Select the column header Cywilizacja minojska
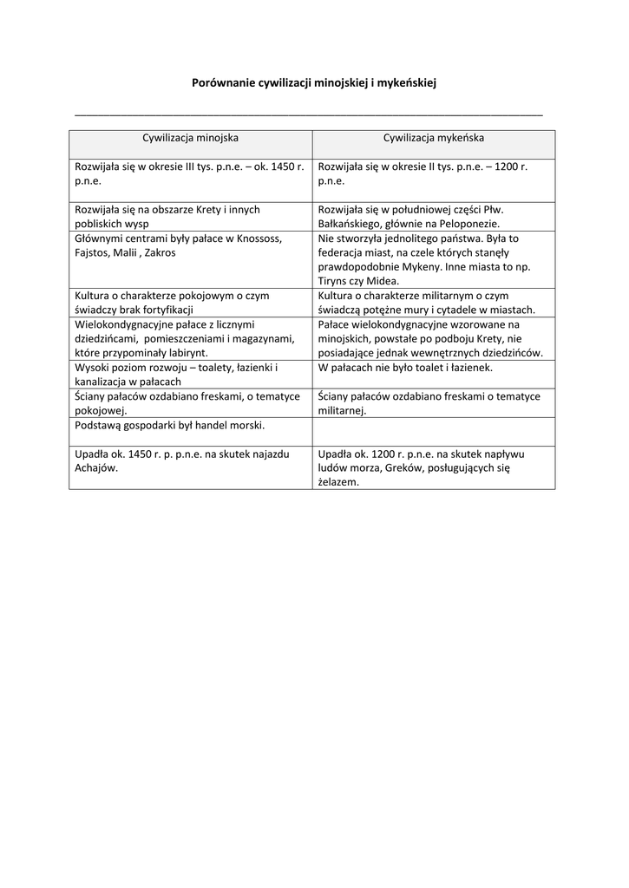(x=191, y=138)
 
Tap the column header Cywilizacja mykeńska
(x=434, y=138)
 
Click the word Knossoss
(x=258, y=238)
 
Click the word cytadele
(x=470, y=310)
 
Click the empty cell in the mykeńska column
(x=434, y=430)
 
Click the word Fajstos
(x=93, y=251)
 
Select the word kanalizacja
(x=104, y=381)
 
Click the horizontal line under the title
(x=309, y=114)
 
